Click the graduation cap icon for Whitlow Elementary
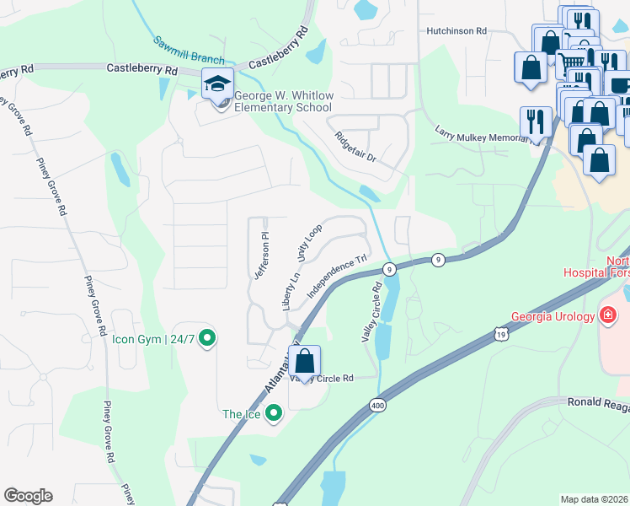click(218, 86)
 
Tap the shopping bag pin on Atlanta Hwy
click(305, 361)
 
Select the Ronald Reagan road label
click(597, 403)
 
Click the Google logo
click(28, 496)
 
